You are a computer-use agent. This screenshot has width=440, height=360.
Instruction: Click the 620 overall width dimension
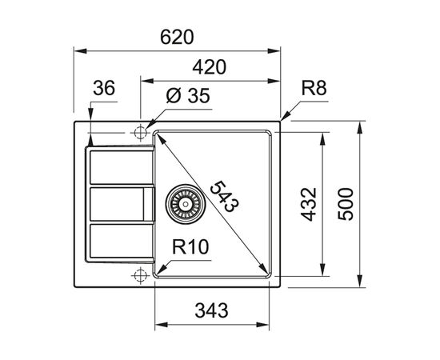(177, 37)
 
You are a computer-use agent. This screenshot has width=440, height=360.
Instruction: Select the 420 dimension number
(209, 67)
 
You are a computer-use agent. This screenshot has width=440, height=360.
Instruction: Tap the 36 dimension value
(104, 88)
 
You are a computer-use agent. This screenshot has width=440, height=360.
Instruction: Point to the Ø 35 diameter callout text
(188, 95)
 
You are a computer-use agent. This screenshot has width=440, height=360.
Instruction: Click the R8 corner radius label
(314, 88)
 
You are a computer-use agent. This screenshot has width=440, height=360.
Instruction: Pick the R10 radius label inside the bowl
(190, 246)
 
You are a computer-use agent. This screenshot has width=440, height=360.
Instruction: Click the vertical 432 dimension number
(308, 204)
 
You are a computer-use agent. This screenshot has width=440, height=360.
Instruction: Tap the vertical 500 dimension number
(346, 204)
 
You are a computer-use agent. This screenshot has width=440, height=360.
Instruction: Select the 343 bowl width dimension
(211, 310)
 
